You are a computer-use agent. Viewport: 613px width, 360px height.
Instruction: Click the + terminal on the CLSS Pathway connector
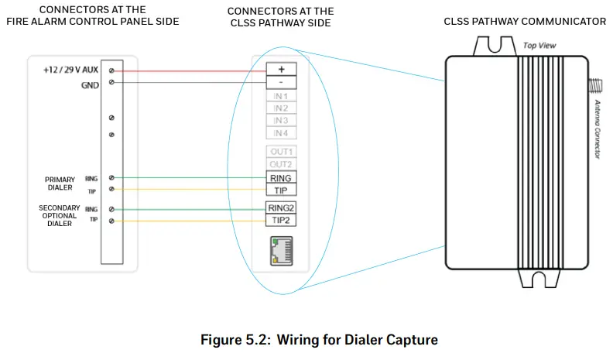(x=281, y=69)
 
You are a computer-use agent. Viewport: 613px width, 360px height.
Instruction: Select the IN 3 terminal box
(x=281, y=121)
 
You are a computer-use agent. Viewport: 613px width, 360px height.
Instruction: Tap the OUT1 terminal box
(x=281, y=151)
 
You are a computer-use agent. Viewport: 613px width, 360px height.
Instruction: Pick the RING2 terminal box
(x=281, y=207)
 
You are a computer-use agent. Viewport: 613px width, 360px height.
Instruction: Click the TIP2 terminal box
(x=281, y=220)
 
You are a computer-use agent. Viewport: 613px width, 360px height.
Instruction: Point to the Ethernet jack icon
(x=282, y=251)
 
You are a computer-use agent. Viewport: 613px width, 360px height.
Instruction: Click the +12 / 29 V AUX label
(x=70, y=70)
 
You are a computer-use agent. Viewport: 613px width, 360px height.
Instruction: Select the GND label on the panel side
(x=90, y=85)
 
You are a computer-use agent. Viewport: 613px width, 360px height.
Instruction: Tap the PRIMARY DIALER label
(x=60, y=183)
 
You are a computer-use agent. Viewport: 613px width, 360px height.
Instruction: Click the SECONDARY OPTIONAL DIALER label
(x=60, y=215)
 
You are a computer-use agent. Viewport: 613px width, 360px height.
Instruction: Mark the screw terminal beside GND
(x=111, y=82)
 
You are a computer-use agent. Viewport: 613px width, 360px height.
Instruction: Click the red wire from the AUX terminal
(x=190, y=71)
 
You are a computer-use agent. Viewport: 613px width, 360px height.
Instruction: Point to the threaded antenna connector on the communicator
(x=595, y=86)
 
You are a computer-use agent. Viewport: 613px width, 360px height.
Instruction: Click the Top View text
(x=539, y=46)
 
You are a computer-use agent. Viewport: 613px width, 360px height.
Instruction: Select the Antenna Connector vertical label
(x=598, y=129)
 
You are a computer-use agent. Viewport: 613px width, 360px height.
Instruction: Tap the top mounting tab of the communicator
(x=495, y=46)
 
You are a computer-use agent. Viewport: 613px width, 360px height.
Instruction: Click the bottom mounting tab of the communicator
(x=539, y=278)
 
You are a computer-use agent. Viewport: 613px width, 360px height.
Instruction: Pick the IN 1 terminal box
(x=281, y=96)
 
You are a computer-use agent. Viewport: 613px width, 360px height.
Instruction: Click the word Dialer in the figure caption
(x=357, y=340)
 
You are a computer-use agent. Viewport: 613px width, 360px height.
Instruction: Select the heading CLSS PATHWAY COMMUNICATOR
(x=525, y=22)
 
